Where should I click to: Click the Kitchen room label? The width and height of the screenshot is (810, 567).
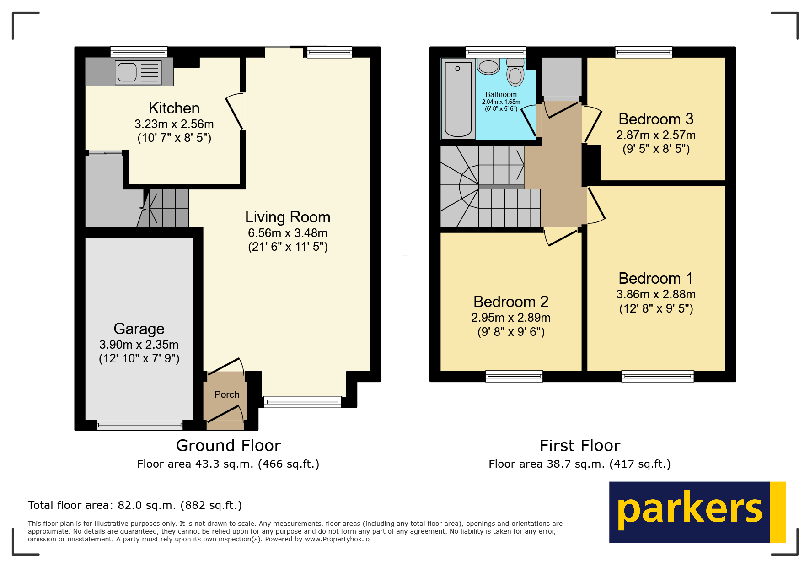(x=174, y=108)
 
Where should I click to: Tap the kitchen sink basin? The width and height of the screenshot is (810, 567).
(x=127, y=72)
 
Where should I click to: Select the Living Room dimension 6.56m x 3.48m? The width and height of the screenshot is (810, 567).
(x=287, y=233)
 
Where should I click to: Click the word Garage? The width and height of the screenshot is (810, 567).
(x=139, y=329)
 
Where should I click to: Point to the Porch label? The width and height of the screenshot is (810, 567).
(x=226, y=394)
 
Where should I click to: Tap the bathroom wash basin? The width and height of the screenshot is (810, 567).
(x=488, y=67)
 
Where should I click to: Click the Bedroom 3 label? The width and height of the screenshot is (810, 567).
(x=655, y=119)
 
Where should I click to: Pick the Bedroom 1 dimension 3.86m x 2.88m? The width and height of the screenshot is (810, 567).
(x=655, y=294)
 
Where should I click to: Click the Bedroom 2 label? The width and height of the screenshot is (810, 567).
(x=510, y=302)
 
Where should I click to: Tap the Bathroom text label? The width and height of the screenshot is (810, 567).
(x=501, y=94)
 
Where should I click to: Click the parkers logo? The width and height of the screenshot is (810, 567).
(x=697, y=512)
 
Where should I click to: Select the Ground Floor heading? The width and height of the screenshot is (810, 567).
(x=228, y=446)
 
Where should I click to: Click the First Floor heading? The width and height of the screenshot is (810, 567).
(x=579, y=446)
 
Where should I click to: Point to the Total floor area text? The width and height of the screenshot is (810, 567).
(x=134, y=505)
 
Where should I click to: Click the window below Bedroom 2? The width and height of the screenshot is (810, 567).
(x=514, y=377)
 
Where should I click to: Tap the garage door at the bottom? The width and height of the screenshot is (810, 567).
(x=139, y=427)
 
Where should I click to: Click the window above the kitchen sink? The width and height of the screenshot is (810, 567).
(x=139, y=52)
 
